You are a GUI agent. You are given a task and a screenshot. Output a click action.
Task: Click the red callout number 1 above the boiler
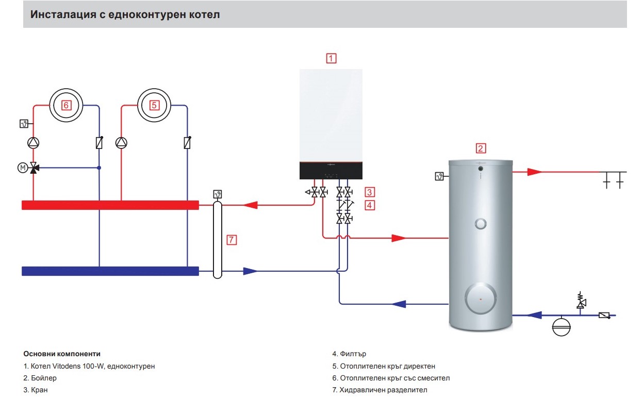coord(331,58)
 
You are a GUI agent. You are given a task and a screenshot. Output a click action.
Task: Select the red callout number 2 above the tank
coord(481,148)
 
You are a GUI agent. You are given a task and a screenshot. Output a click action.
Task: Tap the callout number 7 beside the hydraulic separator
coord(232,240)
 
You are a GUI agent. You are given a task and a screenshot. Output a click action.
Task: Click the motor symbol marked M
coord(23,168)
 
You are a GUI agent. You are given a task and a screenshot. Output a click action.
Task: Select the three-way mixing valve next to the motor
coord(34,168)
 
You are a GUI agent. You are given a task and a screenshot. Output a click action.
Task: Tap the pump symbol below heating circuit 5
coord(121,143)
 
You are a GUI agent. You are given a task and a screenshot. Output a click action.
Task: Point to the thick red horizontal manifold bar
coord(110,205)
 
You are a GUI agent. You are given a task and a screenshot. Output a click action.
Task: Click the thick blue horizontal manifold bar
coord(110,271)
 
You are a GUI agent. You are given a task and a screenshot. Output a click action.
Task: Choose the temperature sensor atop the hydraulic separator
coord(218,194)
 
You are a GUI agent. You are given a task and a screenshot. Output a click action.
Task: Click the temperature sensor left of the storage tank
coord(439,176)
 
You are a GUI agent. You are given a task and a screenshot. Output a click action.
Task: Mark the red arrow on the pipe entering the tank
coord(399,238)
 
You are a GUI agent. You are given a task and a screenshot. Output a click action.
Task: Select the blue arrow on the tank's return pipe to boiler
coord(399,304)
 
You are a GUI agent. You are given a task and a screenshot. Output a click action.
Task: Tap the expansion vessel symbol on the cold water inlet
coord(561,327)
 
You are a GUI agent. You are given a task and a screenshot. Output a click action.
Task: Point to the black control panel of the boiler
coord(331,171)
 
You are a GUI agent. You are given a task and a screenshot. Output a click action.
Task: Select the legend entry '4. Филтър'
coord(349,354)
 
